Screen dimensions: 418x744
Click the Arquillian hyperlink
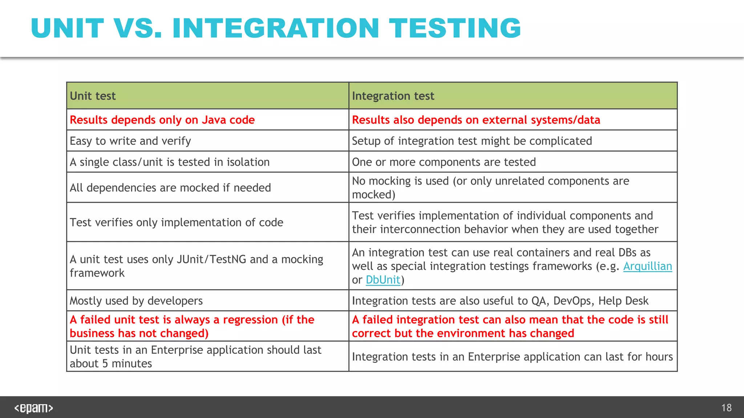(647, 266)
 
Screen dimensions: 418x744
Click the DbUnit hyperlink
(383, 280)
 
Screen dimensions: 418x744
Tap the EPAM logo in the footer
(33, 408)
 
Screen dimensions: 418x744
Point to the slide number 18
(726, 408)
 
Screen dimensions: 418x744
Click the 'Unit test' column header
(93, 96)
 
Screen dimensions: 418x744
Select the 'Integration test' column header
(393, 96)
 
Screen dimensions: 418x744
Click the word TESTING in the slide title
(455, 28)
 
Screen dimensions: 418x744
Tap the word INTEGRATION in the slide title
(276, 28)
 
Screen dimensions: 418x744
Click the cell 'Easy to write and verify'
(130, 141)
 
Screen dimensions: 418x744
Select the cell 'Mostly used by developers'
(136, 301)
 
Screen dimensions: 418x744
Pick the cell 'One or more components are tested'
(444, 162)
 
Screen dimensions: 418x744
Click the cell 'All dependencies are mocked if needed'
(170, 188)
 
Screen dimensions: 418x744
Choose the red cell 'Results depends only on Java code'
(162, 120)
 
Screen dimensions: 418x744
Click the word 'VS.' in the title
(137, 28)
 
